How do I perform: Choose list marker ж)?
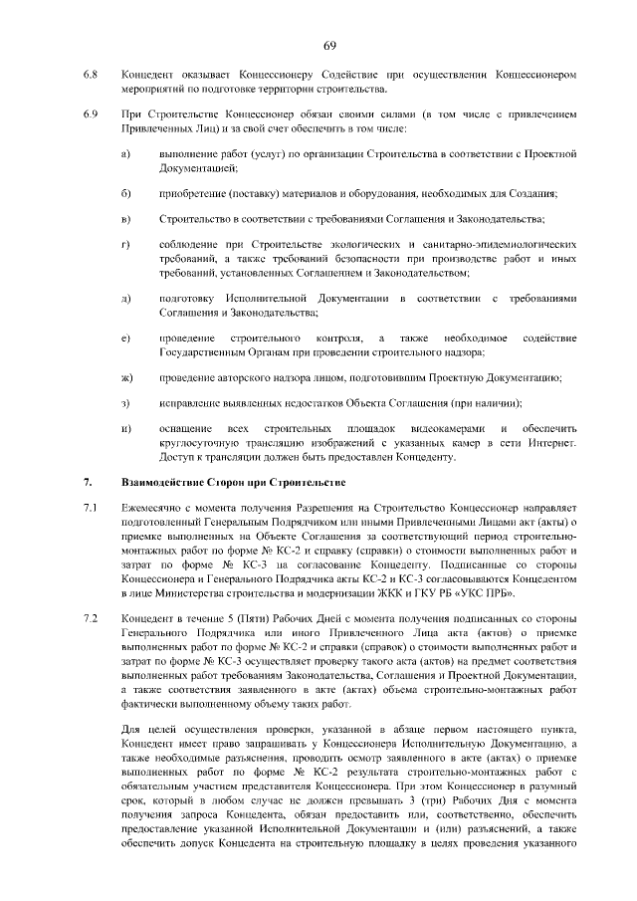click(x=127, y=377)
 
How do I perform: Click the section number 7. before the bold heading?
click(x=88, y=484)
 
